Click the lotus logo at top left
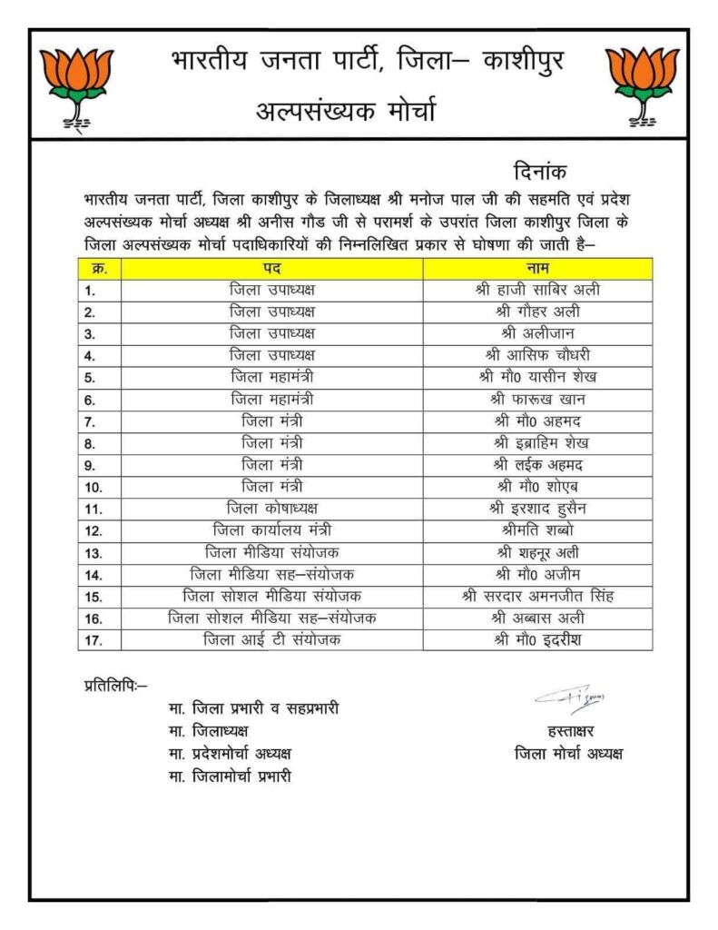(77, 84)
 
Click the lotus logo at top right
(642, 84)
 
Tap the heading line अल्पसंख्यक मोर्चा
(346, 113)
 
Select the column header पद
(271, 269)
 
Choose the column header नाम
(537, 269)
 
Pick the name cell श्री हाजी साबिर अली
(537, 291)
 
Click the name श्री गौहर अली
(537, 312)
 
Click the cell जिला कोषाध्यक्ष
(272, 508)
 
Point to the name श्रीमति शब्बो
(537, 529)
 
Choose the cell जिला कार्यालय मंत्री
(272, 529)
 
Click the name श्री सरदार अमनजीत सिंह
(537, 596)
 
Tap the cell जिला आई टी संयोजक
(272, 639)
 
